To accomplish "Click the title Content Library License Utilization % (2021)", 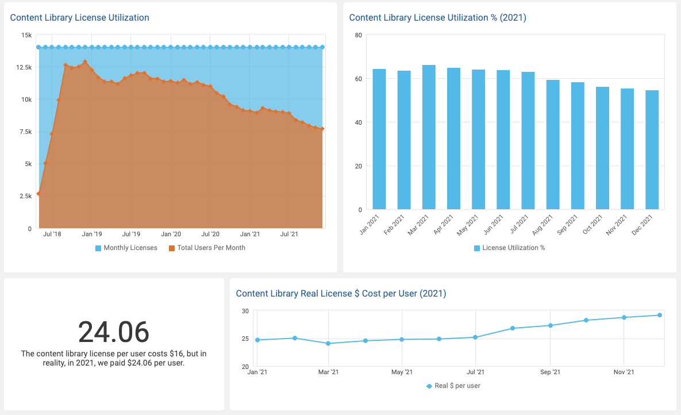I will tap(437, 18).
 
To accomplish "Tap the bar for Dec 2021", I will tap(652, 149).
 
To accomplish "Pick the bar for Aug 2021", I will tap(552, 144).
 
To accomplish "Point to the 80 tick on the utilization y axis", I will tap(358, 35).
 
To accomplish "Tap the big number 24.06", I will tap(113, 332).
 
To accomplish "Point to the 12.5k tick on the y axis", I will tap(24, 67).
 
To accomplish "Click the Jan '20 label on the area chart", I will tap(171, 235).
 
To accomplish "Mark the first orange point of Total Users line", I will tap(39, 194).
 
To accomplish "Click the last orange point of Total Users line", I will tap(322, 129).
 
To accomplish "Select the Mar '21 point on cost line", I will tap(328, 344).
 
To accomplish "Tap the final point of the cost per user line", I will tap(660, 315).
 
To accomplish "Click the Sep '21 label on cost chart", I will tap(550, 372).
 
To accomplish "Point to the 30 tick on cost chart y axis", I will tap(245, 311).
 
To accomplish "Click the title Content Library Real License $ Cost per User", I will tap(341, 294).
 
